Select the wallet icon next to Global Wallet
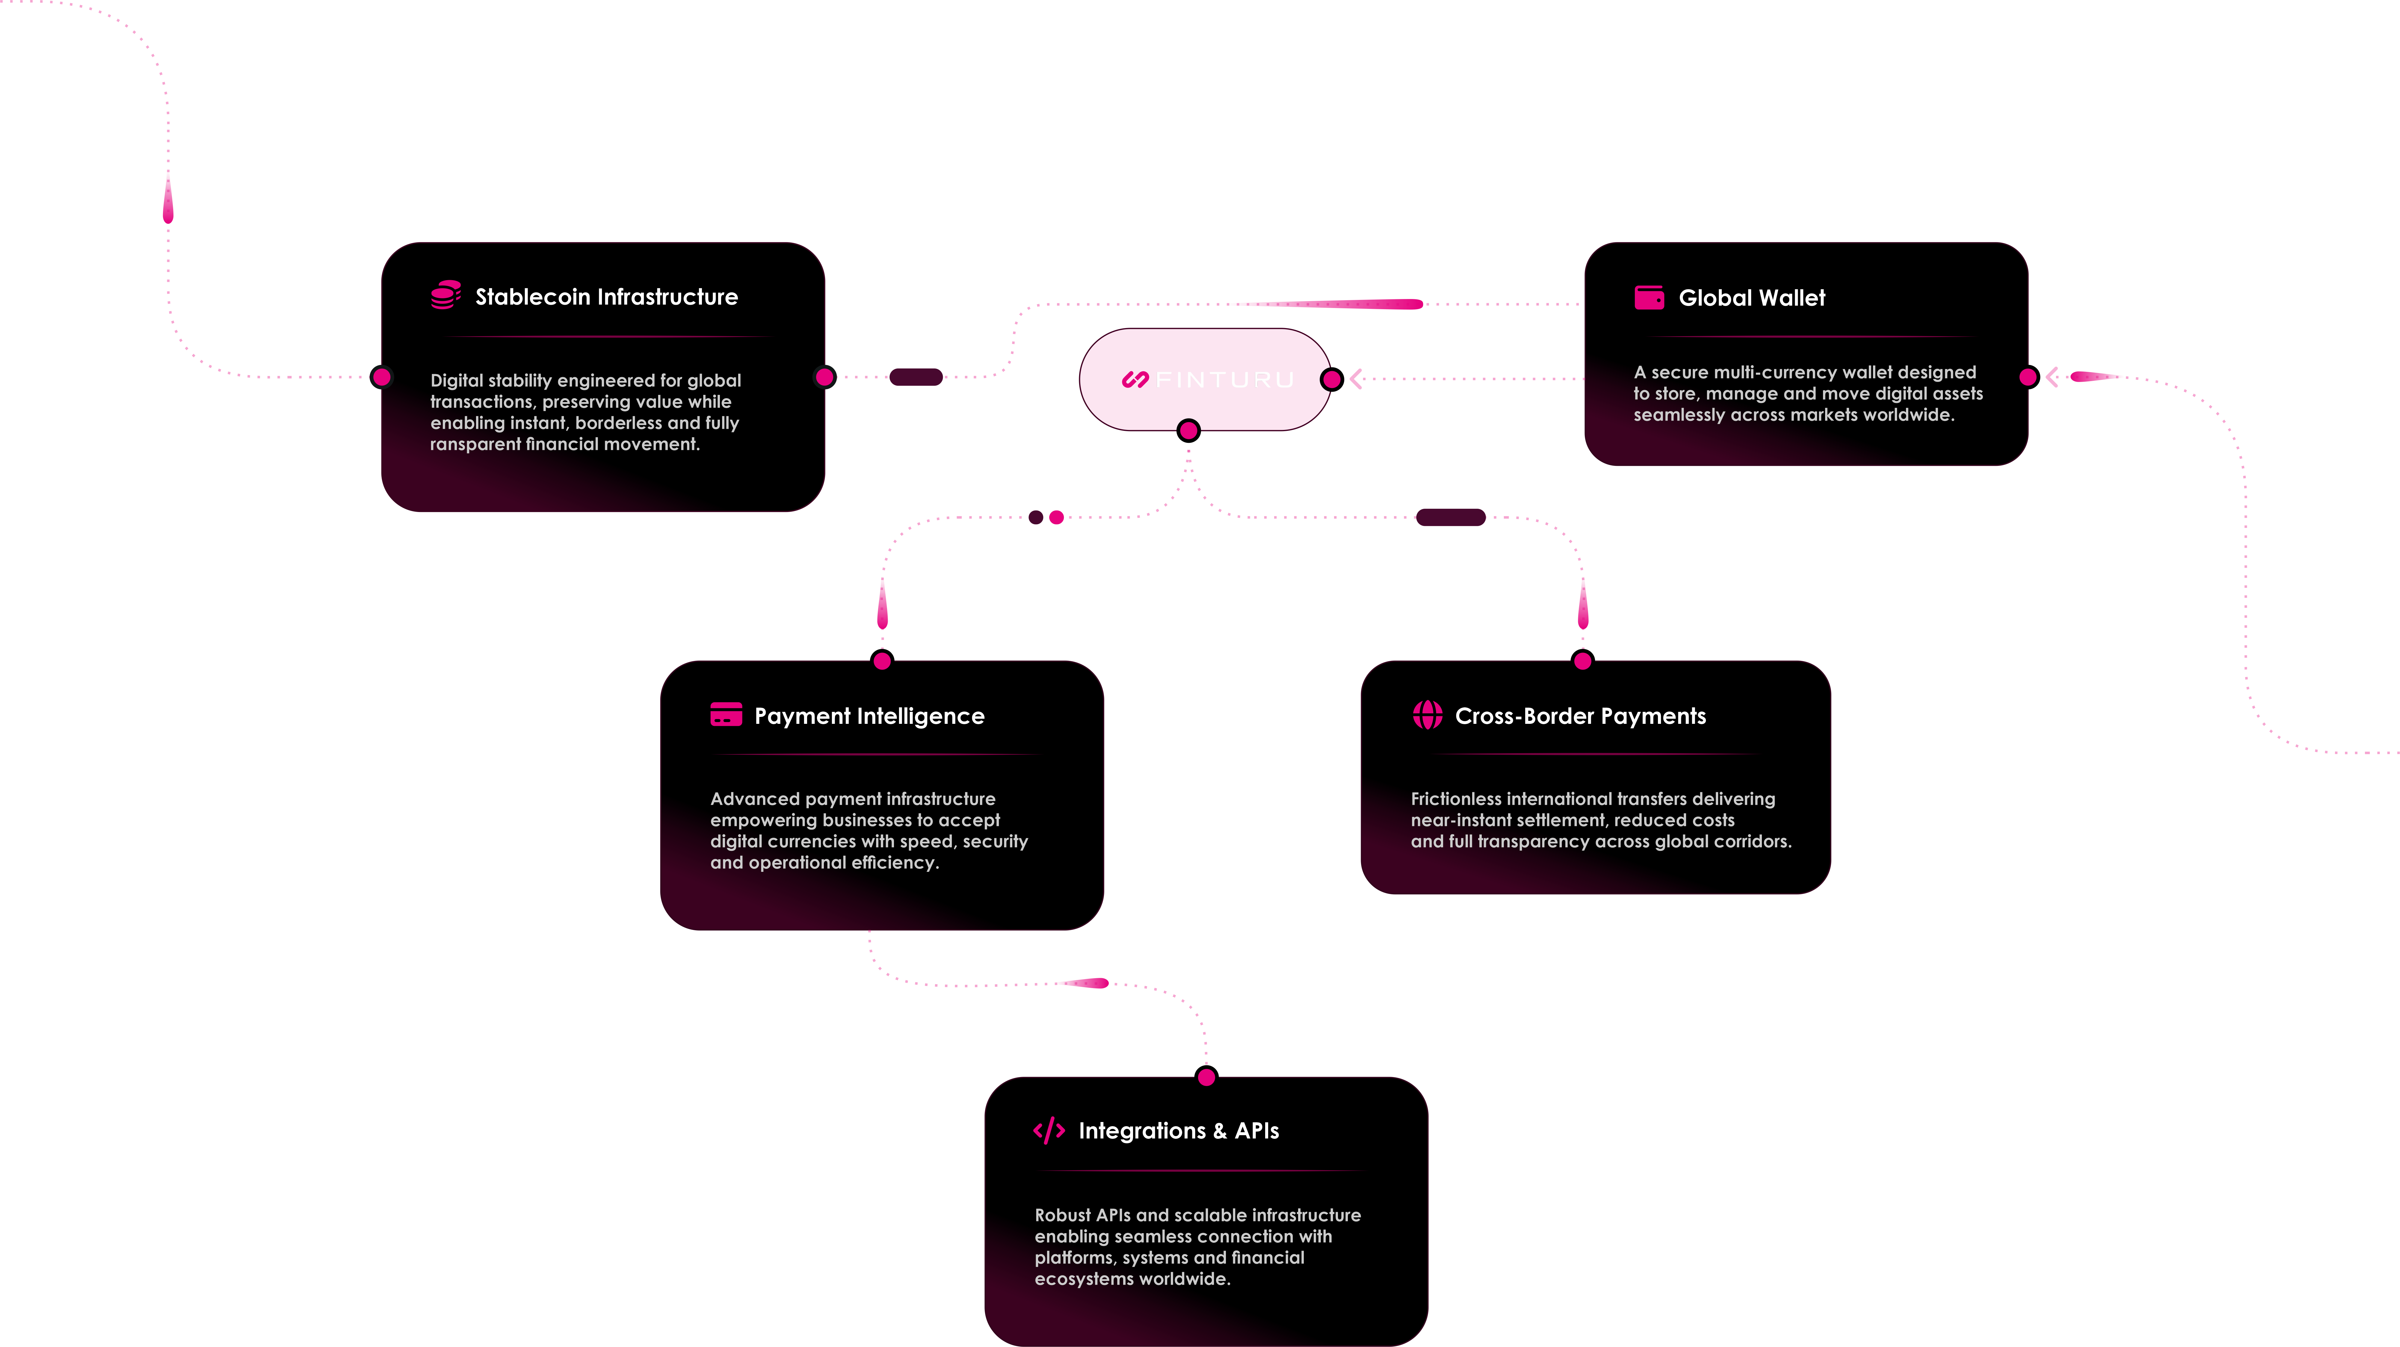(x=1649, y=297)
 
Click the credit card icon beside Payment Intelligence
(x=726, y=715)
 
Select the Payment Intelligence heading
(x=869, y=715)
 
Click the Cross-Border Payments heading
(x=1580, y=715)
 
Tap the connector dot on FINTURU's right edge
(x=1332, y=379)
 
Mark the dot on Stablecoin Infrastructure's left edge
(x=381, y=377)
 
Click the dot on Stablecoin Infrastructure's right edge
(x=824, y=377)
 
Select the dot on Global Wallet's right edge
(x=2028, y=377)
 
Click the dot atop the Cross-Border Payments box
(x=1582, y=660)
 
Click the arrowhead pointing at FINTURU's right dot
(x=1357, y=379)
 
